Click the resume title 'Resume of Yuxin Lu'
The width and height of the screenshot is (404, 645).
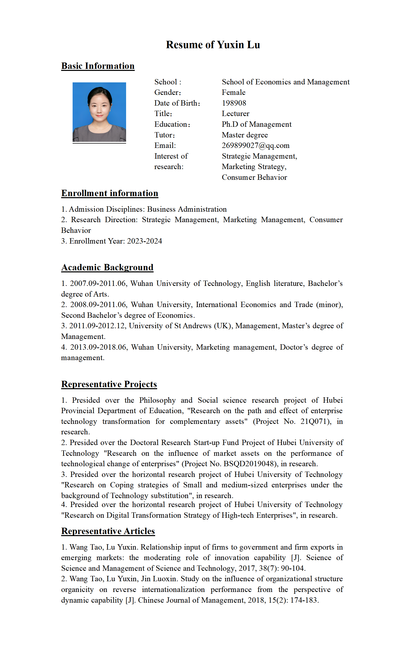[213, 45]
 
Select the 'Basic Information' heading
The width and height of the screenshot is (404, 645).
[98, 66]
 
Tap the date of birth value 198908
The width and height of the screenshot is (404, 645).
[234, 103]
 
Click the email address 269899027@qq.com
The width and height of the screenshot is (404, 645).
[255, 146]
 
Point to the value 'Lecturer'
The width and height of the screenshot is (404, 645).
[235, 114]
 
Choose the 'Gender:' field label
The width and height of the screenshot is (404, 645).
[168, 93]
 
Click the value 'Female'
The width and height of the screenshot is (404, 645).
[234, 93]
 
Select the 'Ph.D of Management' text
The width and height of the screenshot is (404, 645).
[257, 124]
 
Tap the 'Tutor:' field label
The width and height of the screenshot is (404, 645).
[164, 135]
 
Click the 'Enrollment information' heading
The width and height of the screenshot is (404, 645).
[110, 193]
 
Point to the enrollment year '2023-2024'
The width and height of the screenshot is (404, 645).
[144, 241]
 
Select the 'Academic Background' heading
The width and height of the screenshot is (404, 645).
[107, 267]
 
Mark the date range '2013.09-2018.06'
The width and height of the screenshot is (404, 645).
[98, 347]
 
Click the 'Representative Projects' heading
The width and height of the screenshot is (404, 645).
[109, 384]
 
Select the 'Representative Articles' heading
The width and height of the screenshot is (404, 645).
[108, 531]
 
